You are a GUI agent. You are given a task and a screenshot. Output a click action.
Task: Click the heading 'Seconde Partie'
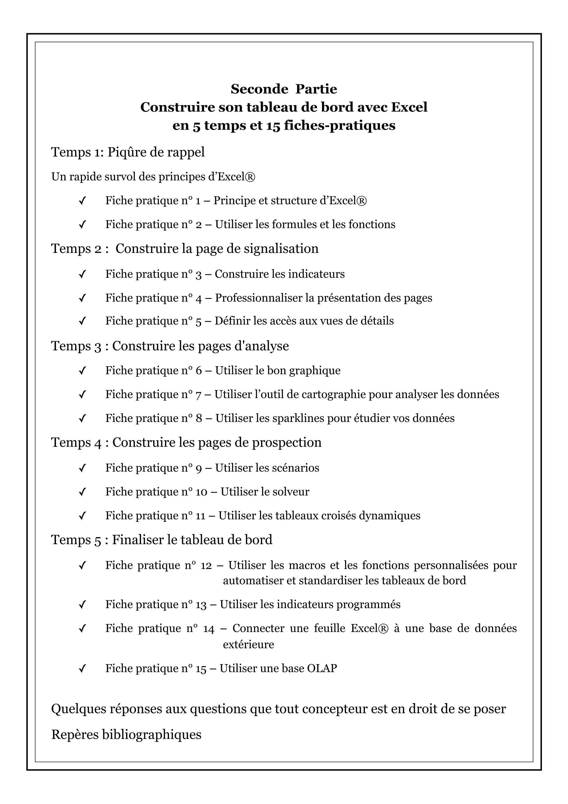[x=283, y=89]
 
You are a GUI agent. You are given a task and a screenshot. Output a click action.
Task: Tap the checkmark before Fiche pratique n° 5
[x=83, y=322]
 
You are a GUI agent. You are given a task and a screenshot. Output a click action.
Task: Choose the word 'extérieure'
[x=248, y=644]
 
